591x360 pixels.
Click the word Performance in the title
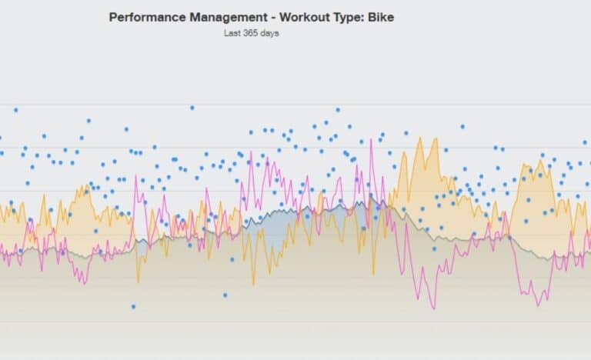tap(143, 16)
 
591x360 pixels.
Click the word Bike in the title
tap(382, 16)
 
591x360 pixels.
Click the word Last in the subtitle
tap(232, 33)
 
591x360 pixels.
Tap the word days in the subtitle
tap(270, 33)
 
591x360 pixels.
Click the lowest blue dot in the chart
tap(132, 306)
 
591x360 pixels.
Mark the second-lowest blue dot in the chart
tap(225, 295)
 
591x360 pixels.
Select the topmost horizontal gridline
tap(295, 105)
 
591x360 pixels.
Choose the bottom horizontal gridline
tap(295, 322)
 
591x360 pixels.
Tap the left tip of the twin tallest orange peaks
tap(421, 138)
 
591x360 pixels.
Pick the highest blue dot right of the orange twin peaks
tap(462, 126)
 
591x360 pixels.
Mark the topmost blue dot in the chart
tap(192, 108)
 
